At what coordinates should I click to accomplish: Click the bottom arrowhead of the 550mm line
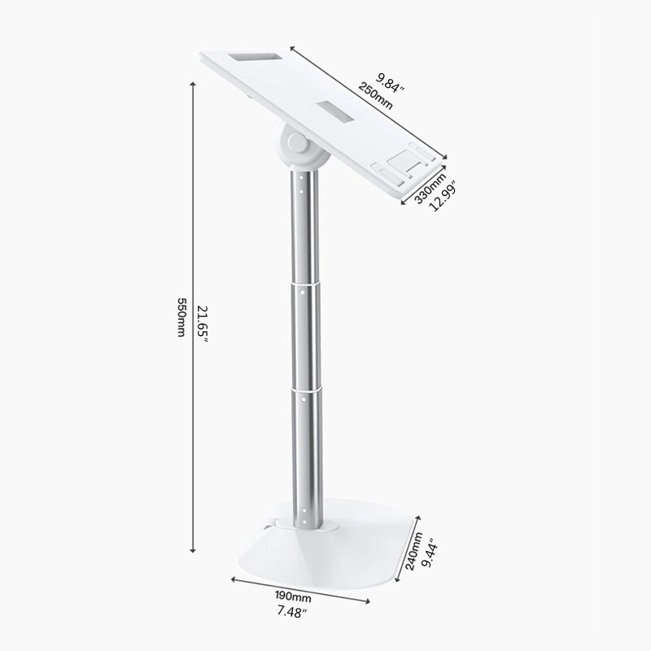[x=193, y=551]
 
